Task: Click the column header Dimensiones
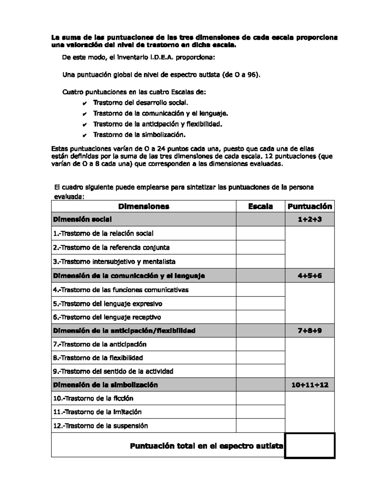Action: [x=143, y=206]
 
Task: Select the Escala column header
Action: [x=260, y=206]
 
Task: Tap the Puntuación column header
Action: [x=310, y=206]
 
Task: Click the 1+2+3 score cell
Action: [x=310, y=219]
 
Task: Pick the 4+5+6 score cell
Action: [x=310, y=276]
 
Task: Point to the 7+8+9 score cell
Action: [x=310, y=331]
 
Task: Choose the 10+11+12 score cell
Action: [x=310, y=385]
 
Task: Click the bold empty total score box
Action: [x=310, y=446]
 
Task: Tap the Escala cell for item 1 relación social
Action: [x=260, y=234]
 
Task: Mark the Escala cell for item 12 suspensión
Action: [x=260, y=426]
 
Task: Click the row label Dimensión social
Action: [x=82, y=219]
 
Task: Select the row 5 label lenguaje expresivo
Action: [x=107, y=304]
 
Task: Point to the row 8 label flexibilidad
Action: [x=98, y=358]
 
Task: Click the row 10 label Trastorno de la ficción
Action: [x=93, y=398]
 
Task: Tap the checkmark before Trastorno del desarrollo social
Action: [x=84, y=103]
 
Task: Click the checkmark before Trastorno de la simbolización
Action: [x=84, y=135]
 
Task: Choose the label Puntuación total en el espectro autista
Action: [x=206, y=446]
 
